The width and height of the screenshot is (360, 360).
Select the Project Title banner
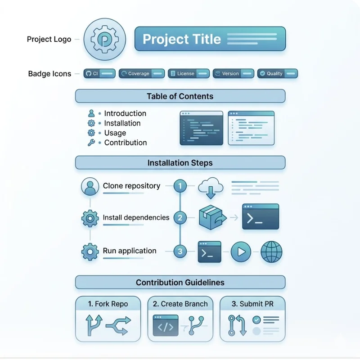(x=210, y=39)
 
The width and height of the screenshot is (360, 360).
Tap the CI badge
(x=99, y=73)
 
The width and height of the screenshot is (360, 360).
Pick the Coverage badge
(x=141, y=73)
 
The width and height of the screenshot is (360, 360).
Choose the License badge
(x=189, y=73)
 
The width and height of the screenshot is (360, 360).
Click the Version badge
(x=233, y=73)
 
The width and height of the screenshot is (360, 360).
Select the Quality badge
(x=277, y=73)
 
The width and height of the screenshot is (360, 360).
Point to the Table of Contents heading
(x=180, y=96)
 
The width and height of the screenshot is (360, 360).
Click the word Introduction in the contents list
(x=125, y=113)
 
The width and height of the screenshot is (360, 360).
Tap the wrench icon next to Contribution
(x=91, y=143)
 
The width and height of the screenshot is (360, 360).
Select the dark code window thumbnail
(x=201, y=128)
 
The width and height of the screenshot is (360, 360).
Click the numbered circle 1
(x=180, y=185)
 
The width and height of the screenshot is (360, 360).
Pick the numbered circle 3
(x=180, y=252)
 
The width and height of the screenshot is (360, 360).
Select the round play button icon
(x=241, y=252)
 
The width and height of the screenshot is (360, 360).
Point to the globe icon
(x=271, y=252)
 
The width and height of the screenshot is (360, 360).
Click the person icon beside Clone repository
(x=90, y=186)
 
